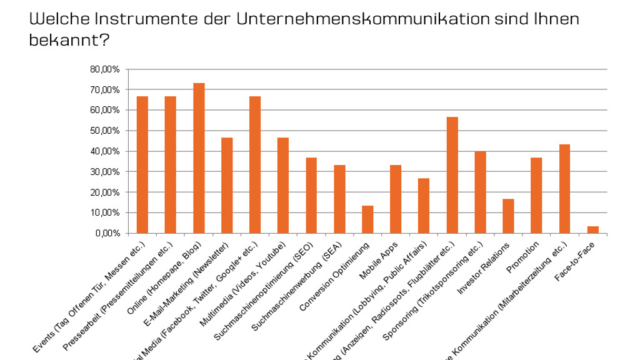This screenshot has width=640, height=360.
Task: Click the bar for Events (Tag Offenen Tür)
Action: [x=142, y=165]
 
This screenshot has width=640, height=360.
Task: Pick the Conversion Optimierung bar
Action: [x=367, y=219]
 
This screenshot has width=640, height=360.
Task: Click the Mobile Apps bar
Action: [x=396, y=199]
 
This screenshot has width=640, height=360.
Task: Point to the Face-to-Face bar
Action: [x=592, y=230]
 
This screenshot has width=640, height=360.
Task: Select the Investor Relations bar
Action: [x=508, y=216]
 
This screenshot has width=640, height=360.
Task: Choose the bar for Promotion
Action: [x=536, y=196]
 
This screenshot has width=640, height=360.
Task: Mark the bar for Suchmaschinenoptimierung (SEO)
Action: [x=311, y=196]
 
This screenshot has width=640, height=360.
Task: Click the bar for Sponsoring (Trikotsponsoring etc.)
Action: [x=480, y=192]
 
